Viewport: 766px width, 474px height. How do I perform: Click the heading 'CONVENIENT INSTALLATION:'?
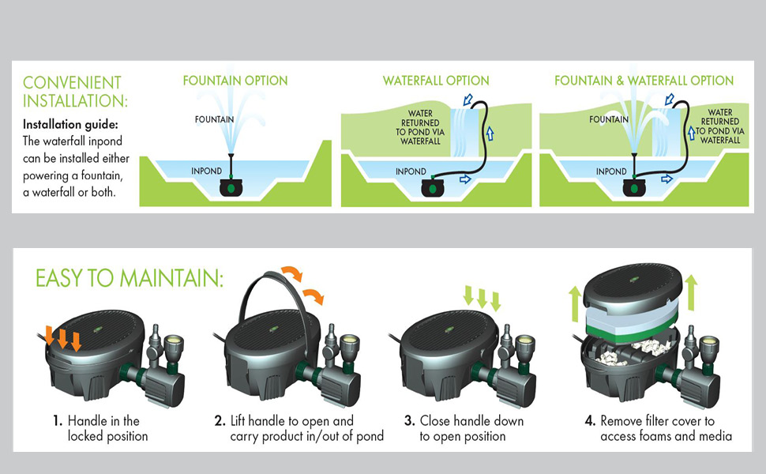73,92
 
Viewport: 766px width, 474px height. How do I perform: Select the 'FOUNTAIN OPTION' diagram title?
235,81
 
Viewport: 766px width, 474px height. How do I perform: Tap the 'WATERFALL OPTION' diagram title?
436,81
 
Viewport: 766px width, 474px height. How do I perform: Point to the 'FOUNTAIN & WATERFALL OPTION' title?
644,81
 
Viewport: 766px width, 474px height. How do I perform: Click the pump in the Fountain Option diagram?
230,188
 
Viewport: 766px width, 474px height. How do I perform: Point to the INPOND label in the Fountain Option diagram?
207,171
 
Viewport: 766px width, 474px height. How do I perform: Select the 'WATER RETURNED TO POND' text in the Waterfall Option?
420,127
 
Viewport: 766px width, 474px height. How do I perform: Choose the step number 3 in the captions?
410,421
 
